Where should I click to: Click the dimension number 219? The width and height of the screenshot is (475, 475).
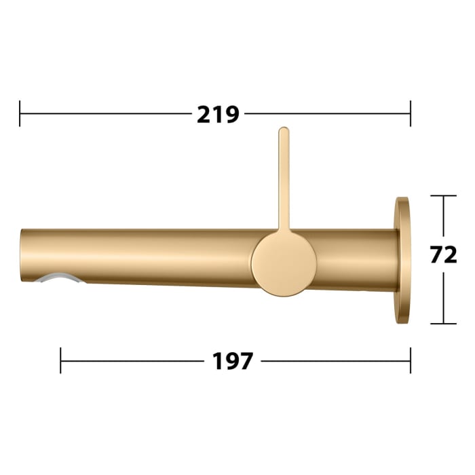218,114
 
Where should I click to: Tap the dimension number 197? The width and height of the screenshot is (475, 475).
233,361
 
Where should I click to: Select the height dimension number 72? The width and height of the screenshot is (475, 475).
443,254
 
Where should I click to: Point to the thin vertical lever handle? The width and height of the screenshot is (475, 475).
284,180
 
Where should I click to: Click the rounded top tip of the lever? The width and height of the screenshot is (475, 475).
284,130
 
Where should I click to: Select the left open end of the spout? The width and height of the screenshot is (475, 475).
22,255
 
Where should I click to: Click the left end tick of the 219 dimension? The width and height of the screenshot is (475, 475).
20,113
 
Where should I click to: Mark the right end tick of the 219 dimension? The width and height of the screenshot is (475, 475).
411,113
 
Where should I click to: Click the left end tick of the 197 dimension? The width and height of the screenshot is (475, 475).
61,360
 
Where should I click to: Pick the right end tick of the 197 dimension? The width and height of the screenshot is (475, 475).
411,360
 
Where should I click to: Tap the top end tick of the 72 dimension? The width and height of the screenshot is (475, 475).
444,196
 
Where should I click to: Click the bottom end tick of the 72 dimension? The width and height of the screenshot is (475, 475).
444,324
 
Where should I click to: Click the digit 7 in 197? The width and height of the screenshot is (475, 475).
246,361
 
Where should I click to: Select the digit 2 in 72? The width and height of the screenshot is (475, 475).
450,254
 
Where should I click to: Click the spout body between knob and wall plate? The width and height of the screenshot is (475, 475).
356,261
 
